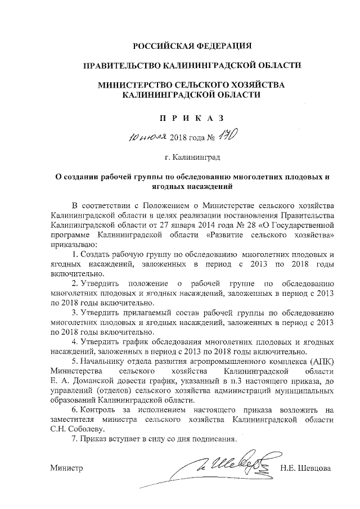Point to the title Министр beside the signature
[x=66, y=468]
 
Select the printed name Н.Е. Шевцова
[x=307, y=468]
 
